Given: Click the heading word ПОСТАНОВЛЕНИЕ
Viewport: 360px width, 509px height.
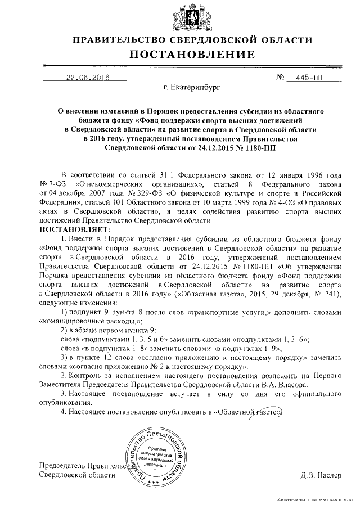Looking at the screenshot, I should coord(192,55).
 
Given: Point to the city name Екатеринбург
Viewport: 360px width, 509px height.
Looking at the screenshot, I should coord(193,88).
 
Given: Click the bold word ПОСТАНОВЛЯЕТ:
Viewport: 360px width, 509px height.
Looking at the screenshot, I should coord(75,230).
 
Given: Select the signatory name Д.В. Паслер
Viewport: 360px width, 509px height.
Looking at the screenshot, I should coord(321,475).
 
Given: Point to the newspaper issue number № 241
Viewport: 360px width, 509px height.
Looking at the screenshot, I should coord(329,293).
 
